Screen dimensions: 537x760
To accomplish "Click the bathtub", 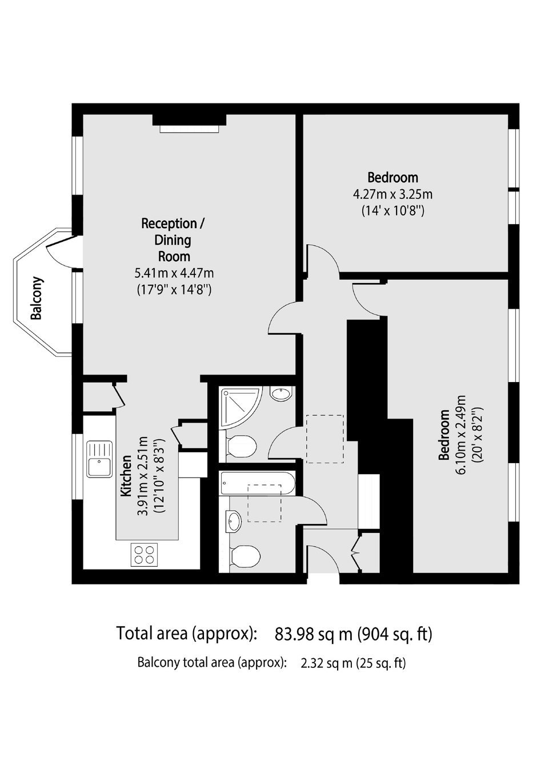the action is pyautogui.click(x=258, y=483).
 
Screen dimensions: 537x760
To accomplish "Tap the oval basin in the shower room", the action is pyautogui.click(x=280, y=393).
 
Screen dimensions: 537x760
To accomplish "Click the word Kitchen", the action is pyautogui.click(x=126, y=476).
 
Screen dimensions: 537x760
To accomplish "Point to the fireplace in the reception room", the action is pyautogui.click(x=189, y=124).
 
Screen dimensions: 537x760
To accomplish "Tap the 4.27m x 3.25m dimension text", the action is pyautogui.click(x=392, y=195).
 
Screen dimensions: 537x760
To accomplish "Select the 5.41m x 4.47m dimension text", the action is pyautogui.click(x=174, y=272).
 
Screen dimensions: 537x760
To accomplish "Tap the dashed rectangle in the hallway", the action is pyautogui.click(x=325, y=439).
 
